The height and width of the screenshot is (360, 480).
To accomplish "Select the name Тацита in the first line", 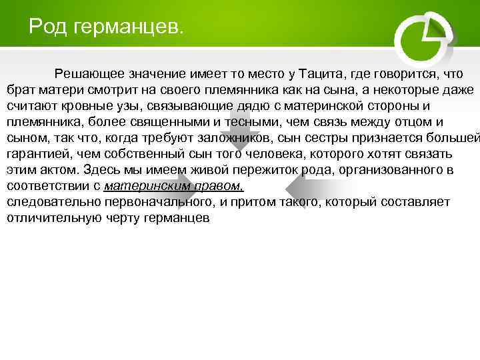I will point(321,73).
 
